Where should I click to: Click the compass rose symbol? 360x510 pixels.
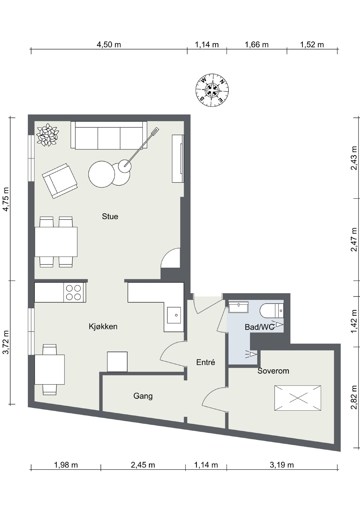coord(212,90)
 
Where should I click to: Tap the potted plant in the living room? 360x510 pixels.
coord(47,135)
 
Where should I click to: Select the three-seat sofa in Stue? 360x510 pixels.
coord(109,135)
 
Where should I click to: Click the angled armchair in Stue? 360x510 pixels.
coord(60,181)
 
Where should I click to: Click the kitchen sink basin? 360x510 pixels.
coord(174,315)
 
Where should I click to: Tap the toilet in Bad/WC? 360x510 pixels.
coord(272,310)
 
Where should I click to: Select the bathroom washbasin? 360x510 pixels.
coord(238,307)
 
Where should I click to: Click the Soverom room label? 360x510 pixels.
coord(273,371)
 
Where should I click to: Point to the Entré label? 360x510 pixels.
coord(206,362)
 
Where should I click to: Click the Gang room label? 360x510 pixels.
coord(143,396)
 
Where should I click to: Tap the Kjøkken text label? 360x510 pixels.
coord(103,327)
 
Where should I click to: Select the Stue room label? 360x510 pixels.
coord(110,216)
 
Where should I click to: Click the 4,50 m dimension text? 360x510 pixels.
coord(109,45)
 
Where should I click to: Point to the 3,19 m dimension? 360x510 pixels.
coord(282,465)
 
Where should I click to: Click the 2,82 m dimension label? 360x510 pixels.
coord(354,397)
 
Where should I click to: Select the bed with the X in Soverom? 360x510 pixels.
coord(298,398)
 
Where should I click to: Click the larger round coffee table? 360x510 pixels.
coord(102,174)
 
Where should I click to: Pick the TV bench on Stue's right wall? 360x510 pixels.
coord(178,159)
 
